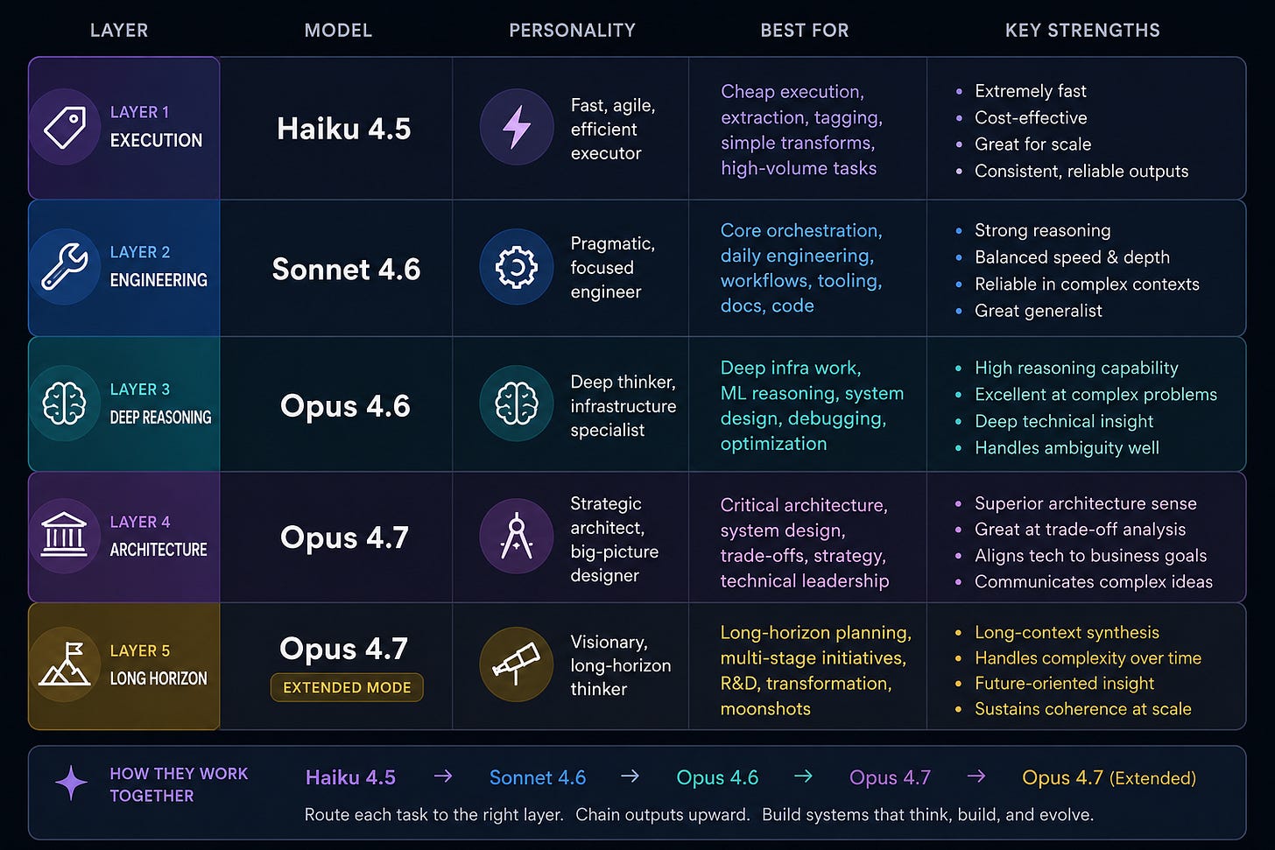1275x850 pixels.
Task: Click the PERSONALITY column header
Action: click(x=572, y=30)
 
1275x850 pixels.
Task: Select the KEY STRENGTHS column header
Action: click(x=1082, y=30)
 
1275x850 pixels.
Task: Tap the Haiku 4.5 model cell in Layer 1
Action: click(x=343, y=129)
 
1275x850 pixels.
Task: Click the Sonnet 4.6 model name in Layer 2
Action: click(x=346, y=269)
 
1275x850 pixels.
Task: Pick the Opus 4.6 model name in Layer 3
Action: click(x=345, y=405)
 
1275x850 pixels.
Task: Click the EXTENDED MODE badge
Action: click(x=347, y=687)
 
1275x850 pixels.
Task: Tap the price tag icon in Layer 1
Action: click(x=65, y=127)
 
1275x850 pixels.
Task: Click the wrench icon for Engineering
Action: click(x=65, y=267)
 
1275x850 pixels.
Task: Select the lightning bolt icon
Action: click(x=517, y=127)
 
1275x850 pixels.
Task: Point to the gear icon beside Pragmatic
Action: click(x=517, y=267)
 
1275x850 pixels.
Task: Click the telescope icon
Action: click(x=517, y=664)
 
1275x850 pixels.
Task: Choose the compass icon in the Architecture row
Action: click(x=517, y=536)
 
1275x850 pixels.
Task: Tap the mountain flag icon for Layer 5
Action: click(x=65, y=664)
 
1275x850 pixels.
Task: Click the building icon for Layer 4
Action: click(x=64, y=535)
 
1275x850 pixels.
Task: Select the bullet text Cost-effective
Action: click(x=1031, y=118)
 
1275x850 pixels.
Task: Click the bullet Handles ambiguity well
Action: click(x=1067, y=447)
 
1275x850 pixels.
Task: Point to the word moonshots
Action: click(x=765, y=708)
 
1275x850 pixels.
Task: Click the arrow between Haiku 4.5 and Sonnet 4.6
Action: click(x=443, y=776)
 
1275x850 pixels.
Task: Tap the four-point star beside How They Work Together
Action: click(x=71, y=783)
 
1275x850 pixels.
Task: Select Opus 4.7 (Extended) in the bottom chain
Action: click(x=1109, y=777)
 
